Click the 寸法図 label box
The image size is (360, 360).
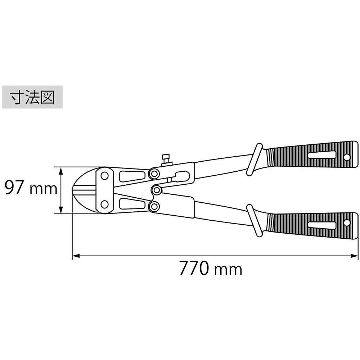pos(32,97)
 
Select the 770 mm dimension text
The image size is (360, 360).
pos(211,268)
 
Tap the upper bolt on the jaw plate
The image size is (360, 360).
pos(105,176)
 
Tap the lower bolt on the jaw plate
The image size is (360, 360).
pos(105,204)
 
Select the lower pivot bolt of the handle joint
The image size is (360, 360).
pos(154,206)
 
